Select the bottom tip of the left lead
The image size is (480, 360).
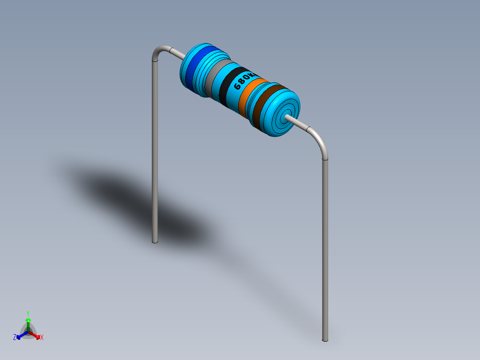click(155, 241)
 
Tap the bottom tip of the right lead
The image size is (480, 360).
click(325, 340)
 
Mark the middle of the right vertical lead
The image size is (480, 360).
click(325, 250)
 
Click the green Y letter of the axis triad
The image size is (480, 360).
click(28, 313)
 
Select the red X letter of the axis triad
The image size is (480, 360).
click(42, 338)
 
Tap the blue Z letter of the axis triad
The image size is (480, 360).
click(15, 338)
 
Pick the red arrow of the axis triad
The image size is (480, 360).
click(37, 335)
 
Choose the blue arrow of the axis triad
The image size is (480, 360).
click(20, 335)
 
